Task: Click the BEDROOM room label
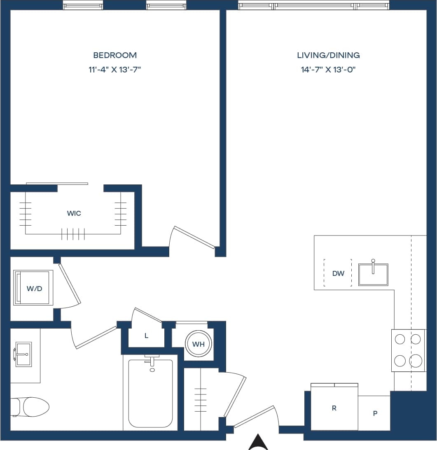[x=115, y=55]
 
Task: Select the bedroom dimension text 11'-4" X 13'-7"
[x=115, y=70]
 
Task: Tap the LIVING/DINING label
[x=328, y=55]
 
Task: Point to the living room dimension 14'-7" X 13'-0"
[x=328, y=70]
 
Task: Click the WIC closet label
[x=74, y=213]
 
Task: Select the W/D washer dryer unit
[x=34, y=288]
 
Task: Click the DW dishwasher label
[x=338, y=273]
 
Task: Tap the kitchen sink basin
[x=373, y=275]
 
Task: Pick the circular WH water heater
[x=199, y=344]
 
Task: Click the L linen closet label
[x=146, y=336]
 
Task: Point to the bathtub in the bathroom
[x=150, y=393]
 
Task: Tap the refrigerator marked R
[x=334, y=408]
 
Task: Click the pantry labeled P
[x=375, y=413]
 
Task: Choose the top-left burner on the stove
[x=400, y=339]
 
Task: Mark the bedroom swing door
[x=194, y=238]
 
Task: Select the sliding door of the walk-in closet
[x=57, y=184]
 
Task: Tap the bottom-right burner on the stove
[x=416, y=361]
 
